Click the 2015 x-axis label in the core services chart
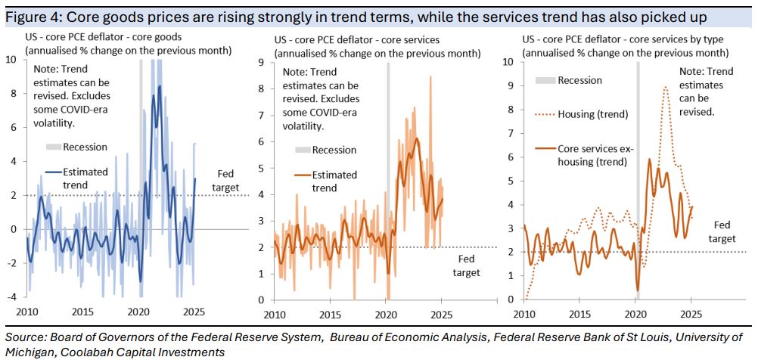click(x=330, y=312)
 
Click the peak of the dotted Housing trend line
click(x=665, y=87)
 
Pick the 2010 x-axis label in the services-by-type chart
click(x=523, y=312)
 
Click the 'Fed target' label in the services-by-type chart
click(x=720, y=231)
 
